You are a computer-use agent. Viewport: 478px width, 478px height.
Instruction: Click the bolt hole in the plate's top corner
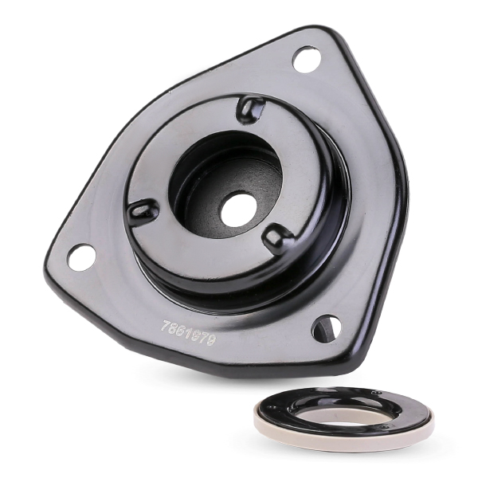pyautogui.click(x=307, y=59)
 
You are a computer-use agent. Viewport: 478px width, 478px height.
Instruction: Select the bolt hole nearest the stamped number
pyautogui.click(x=327, y=327)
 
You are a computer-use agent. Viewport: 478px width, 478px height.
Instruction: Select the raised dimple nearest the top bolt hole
pyautogui.click(x=251, y=108)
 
